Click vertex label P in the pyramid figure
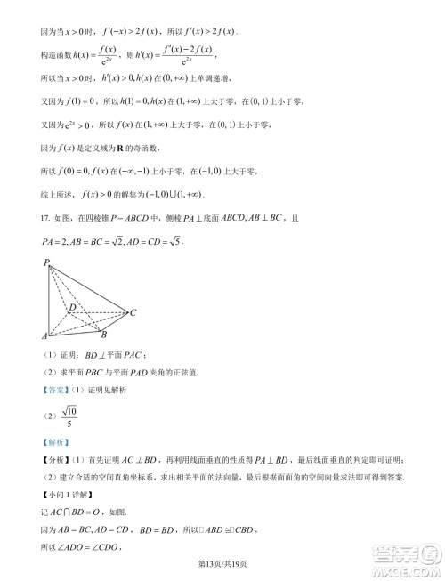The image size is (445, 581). pos(45,262)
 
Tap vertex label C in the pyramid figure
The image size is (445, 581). pos(133,312)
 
